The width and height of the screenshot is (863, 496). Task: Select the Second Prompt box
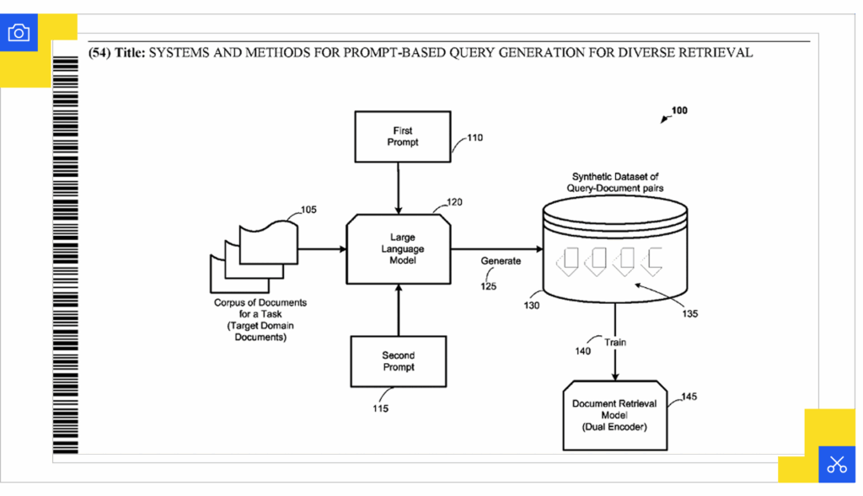[398, 361]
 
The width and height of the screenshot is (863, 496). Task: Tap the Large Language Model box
[398, 249]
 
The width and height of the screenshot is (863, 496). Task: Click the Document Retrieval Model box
[614, 415]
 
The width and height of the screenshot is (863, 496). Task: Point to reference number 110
[474, 137]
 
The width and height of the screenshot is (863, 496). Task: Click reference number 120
[454, 202]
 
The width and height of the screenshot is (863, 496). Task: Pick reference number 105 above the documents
[308, 210]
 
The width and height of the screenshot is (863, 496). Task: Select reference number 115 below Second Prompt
[380, 409]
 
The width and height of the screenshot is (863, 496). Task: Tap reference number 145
[689, 396]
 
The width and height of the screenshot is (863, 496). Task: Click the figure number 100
[679, 110]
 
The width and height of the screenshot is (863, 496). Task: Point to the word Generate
[501, 261]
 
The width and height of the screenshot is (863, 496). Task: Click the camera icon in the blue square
[19, 33]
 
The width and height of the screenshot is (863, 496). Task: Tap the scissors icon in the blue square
[836, 464]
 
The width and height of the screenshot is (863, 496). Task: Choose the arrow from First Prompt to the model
[398, 188]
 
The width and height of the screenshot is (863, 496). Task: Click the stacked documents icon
[253, 252]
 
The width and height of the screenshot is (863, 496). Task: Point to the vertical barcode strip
[65, 253]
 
